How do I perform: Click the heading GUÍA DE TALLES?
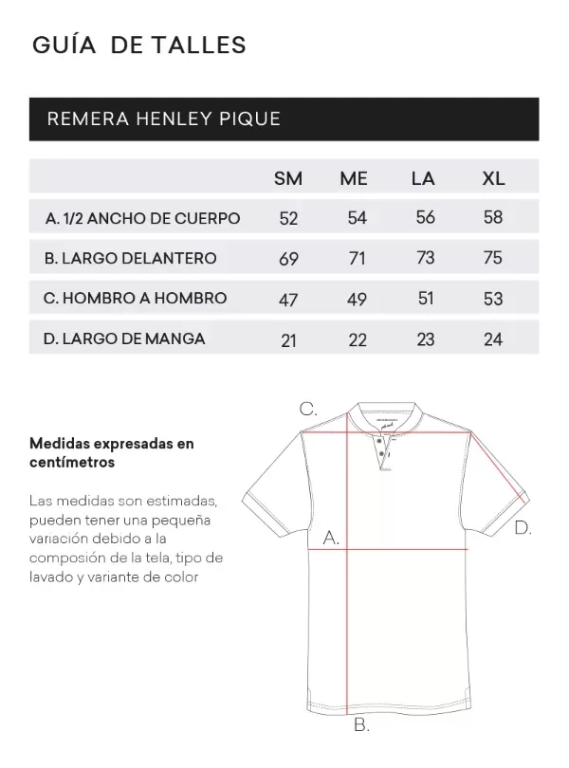coord(139,44)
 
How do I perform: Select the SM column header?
coord(288,178)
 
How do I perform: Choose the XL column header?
coord(493,178)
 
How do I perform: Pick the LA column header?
coord(423,178)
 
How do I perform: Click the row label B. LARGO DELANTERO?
coord(131,258)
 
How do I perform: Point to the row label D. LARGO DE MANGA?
coord(124,338)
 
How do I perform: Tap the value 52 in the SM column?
coord(289,218)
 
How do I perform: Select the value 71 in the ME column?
coord(357,259)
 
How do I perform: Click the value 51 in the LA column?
coord(425,299)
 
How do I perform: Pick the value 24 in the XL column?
coord(493,338)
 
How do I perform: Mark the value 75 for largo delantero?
coord(493,259)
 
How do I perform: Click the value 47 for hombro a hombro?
coord(289,300)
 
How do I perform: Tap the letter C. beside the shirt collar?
coord(308,410)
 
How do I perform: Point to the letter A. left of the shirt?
coord(331,538)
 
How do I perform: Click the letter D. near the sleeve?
coord(523,528)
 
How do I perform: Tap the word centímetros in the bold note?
coord(72,463)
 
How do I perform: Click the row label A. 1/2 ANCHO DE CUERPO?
coord(142,218)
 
